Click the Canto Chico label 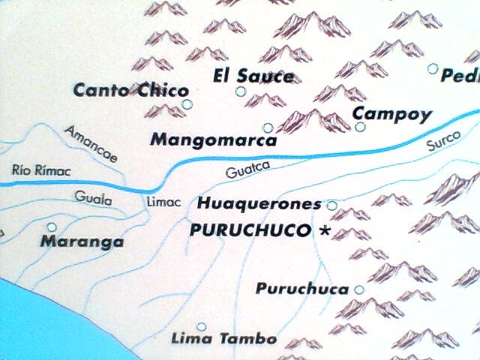click(130, 91)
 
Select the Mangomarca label click(214, 139)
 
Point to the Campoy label click(392, 114)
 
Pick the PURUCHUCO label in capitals click(250, 230)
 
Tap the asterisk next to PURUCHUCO click(324, 231)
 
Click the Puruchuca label click(302, 289)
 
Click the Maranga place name click(82, 241)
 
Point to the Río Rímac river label click(42, 171)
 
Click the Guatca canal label click(247, 171)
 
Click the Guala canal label click(94, 199)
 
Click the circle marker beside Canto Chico click(187, 103)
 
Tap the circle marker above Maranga click(52, 226)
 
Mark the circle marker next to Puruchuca click(359, 289)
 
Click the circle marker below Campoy click(360, 127)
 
